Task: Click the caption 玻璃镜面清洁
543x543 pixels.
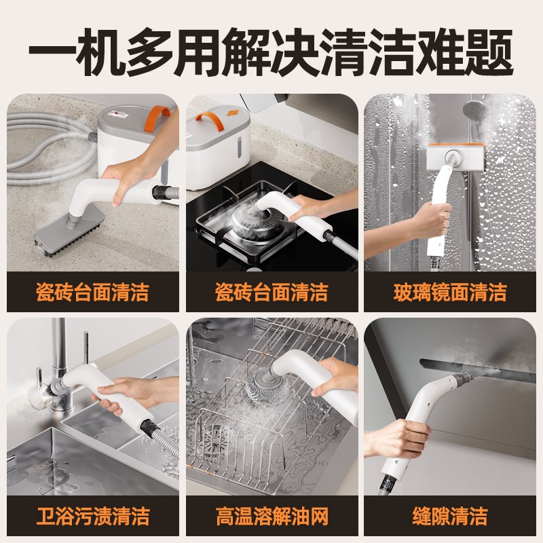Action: point(451,293)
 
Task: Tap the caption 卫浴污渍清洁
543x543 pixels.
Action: point(92,515)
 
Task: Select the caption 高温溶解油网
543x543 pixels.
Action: point(271,515)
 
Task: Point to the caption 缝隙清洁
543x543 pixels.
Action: point(451,515)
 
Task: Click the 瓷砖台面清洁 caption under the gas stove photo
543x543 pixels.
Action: point(271,293)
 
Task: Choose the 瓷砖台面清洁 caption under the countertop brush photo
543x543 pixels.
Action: point(92,293)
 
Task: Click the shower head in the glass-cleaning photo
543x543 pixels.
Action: point(474,109)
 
